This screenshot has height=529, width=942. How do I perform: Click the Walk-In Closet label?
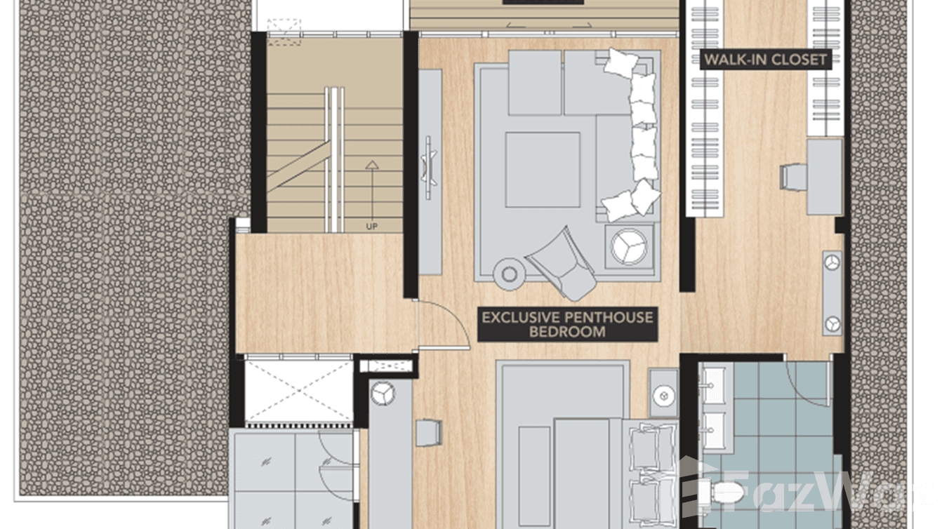(766, 60)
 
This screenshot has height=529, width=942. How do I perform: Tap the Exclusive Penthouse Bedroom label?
(567, 324)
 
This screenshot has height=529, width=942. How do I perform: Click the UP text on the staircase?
(372, 227)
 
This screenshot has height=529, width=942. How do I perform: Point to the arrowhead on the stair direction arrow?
(372, 165)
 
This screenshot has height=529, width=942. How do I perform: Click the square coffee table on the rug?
(543, 170)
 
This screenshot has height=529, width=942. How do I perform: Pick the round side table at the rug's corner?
(510, 274)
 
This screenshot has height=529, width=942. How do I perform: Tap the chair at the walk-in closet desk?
(793, 177)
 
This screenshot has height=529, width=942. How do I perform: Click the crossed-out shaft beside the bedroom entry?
(298, 391)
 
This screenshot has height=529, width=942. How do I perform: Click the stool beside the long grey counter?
(428, 432)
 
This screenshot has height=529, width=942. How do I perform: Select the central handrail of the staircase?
(334, 160)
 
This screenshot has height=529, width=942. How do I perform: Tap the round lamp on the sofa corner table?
(629, 247)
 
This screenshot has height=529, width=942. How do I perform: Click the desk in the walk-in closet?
(825, 177)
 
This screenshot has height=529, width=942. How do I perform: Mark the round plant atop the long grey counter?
(383, 394)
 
